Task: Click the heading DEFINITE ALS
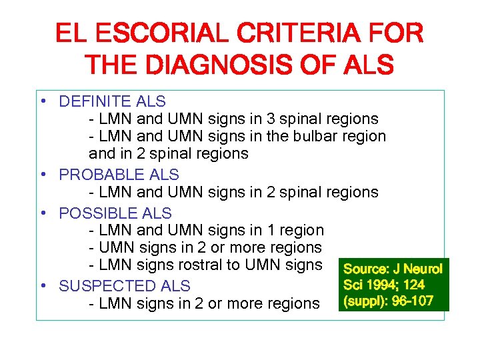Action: pos(112,102)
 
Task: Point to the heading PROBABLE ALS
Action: pos(119,175)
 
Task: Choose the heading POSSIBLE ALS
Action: pos(115,213)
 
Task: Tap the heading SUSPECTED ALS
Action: pos(125,286)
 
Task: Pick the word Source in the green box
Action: pos(366,269)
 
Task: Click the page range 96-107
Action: pos(409,301)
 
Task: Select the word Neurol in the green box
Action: pos(422,269)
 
